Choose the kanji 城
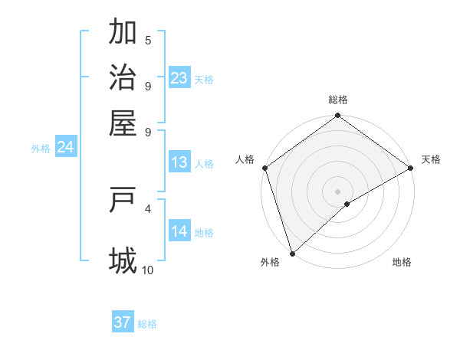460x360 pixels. pos(123,260)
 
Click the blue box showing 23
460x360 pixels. pos(179,78)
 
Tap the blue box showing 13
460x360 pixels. pos(179,162)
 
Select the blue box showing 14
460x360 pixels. pos(179,231)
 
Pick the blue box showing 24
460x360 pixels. pos(65,147)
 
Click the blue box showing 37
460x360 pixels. pos(123,322)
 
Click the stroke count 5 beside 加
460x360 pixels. pos(148,41)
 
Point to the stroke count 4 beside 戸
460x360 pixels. pos(148,208)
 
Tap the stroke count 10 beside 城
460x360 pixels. pos(148,270)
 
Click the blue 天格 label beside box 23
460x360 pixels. pos(204,80)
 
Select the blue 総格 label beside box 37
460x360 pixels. pos(147,324)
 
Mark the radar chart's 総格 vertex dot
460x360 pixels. pos(337,116)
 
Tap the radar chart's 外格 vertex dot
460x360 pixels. pos(292,253)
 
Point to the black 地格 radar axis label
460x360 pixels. pos(402,263)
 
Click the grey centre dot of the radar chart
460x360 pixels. pos(337,191)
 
